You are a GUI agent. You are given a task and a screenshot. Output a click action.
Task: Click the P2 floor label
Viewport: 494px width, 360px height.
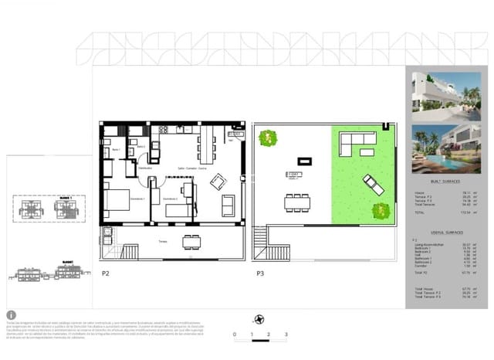coord(105,273)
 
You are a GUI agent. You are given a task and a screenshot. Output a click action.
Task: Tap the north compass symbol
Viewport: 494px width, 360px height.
coord(259,318)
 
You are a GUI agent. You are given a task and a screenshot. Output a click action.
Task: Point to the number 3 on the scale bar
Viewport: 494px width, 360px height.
coord(286,335)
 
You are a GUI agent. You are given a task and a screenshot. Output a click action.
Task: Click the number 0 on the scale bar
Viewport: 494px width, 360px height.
coord(234,335)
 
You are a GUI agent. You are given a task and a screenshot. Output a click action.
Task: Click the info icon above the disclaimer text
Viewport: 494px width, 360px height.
coord(11,314)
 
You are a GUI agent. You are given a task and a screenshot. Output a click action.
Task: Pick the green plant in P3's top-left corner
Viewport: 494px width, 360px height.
coord(268,138)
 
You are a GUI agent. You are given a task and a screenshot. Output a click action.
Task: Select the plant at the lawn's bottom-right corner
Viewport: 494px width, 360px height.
coord(380,209)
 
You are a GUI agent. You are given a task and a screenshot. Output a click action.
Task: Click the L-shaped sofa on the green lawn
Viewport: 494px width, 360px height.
coord(357,143)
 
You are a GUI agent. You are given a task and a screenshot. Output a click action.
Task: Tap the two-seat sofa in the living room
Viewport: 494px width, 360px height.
coord(228,205)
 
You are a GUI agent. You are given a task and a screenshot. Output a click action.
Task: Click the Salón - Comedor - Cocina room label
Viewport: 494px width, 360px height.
coord(191,168)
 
